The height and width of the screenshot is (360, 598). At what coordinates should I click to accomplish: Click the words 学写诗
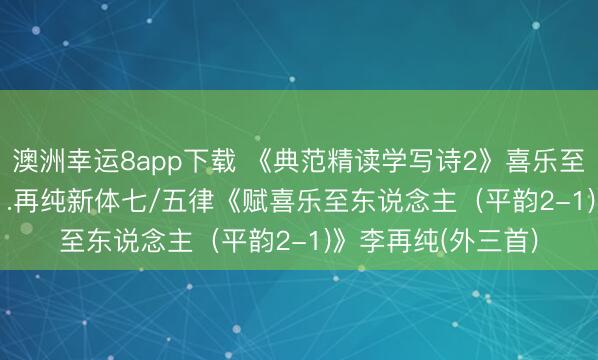pyautogui.click(x=422, y=157)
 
